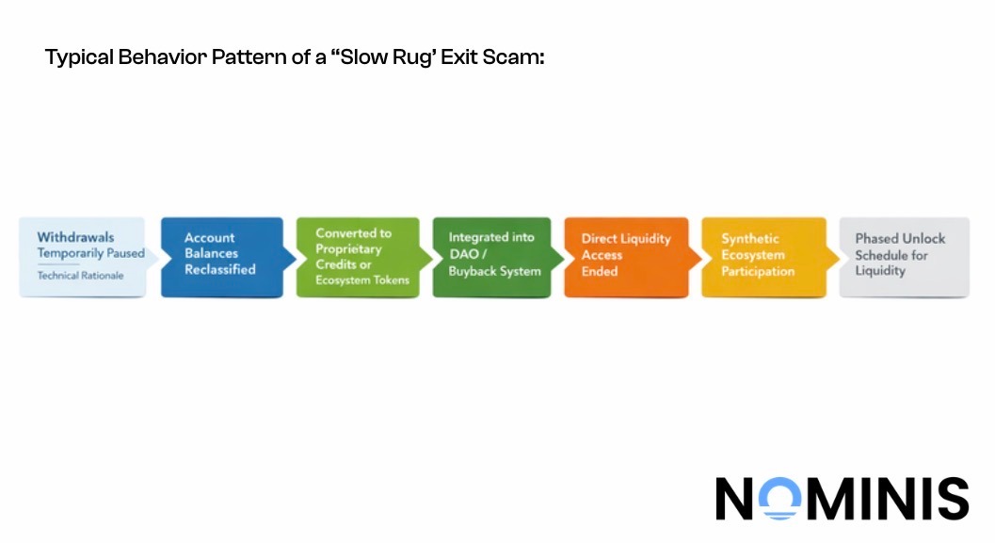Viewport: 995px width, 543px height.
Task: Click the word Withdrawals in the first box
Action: (75, 237)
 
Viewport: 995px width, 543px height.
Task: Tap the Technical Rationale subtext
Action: (80, 276)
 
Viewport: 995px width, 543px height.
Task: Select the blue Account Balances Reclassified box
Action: (222, 257)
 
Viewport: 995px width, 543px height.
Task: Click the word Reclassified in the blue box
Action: (219, 269)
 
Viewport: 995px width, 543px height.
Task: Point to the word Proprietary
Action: (348, 249)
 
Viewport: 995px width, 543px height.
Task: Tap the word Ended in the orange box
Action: (600, 271)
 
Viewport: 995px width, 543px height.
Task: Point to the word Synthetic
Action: (750, 239)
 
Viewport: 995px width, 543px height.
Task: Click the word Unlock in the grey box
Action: (925, 239)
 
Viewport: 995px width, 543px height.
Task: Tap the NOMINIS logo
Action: (842, 498)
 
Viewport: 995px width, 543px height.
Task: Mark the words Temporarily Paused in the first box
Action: (90, 253)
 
